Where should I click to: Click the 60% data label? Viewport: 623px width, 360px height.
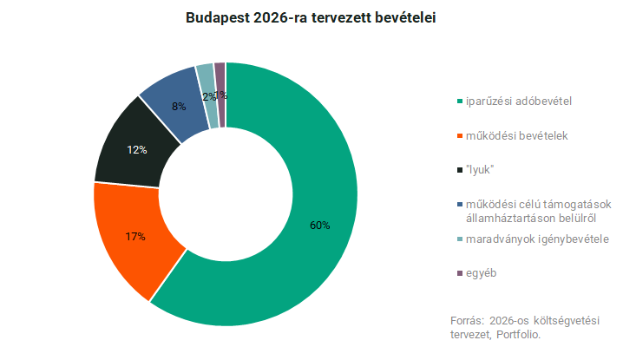[x=319, y=226]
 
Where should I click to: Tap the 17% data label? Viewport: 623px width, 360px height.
[x=134, y=236]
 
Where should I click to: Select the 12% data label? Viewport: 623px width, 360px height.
[x=137, y=150]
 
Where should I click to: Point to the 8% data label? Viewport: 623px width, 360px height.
[x=178, y=108]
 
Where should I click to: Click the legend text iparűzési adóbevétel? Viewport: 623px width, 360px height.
[x=519, y=101]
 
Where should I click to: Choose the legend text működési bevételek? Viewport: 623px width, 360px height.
[x=515, y=136]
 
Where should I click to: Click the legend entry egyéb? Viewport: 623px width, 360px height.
[x=482, y=273]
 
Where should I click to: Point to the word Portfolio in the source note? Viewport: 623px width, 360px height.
[x=519, y=334]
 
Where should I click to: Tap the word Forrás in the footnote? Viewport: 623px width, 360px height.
[x=467, y=320]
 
